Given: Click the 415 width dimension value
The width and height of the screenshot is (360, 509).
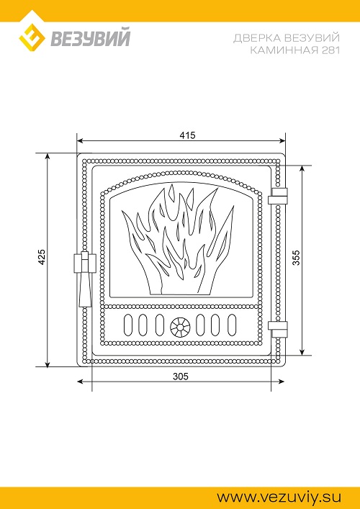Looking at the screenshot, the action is tap(188, 135).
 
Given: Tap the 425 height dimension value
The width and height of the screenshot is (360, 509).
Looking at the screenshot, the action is tap(42, 258).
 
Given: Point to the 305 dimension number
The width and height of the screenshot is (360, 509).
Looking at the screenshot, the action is tap(181, 377).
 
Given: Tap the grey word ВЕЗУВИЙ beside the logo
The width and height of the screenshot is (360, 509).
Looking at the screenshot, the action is tap(90, 37).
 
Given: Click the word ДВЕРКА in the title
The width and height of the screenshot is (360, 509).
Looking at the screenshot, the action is tap(257, 38).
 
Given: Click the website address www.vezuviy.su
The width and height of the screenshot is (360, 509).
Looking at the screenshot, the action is tap(279, 497).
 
